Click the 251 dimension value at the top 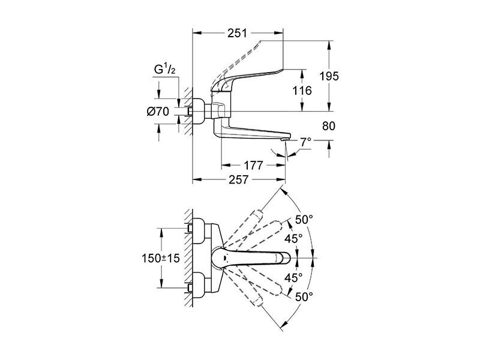click(237, 33)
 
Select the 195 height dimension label click(329, 76)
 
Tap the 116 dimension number click(302, 91)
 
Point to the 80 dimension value click(329, 126)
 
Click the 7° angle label click(305, 142)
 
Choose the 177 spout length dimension click(253, 166)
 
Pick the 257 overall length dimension click(239, 179)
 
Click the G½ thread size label click(164, 70)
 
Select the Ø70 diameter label click(158, 112)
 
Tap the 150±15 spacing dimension click(161, 259)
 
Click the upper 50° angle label click(304, 219)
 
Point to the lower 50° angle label click(304, 296)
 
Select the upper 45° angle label click(293, 239)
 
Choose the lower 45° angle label click(293, 278)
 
